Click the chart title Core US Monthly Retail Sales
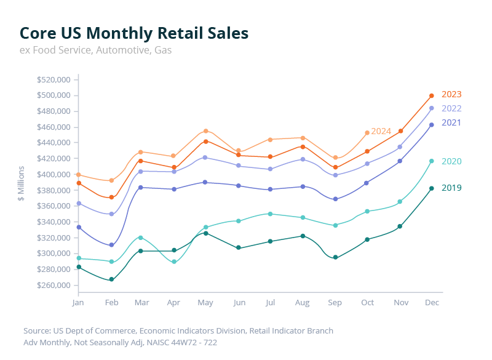coord(134,33)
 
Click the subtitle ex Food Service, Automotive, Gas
coord(95,50)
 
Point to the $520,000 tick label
coord(54,79)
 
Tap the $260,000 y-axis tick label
coord(54,285)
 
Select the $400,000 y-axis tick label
coord(54,174)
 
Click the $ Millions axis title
coord(21,183)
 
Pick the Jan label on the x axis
coord(77,303)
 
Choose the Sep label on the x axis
coord(335,303)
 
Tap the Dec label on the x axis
coord(432,303)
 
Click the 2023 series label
coord(451,94)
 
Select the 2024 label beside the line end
coord(381,131)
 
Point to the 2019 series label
coord(451,188)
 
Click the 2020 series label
coord(451,161)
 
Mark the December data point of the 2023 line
coord(432,95)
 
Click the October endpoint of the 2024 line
coord(367,133)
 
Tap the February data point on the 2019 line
coord(111,280)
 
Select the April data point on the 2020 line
coord(174,262)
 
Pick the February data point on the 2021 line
coord(111,246)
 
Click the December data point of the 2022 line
coord(432,108)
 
